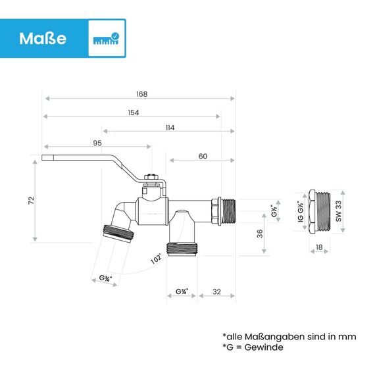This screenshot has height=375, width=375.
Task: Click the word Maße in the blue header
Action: [x=43, y=38]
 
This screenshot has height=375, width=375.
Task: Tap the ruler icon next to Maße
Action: [x=107, y=39]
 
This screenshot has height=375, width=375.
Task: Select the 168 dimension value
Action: [x=142, y=94]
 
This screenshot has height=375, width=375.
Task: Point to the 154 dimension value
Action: [x=133, y=113]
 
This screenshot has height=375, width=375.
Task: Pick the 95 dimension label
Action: [x=97, y=143]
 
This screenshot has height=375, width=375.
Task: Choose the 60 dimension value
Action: [x=202, y=156]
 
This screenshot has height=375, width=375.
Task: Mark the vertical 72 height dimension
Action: [x=31, y=200]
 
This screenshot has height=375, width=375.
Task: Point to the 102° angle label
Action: [x=156, y=259]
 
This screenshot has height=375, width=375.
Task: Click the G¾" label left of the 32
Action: [x=182, y=291]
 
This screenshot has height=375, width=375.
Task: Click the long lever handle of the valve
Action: [x=86, y=161]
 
